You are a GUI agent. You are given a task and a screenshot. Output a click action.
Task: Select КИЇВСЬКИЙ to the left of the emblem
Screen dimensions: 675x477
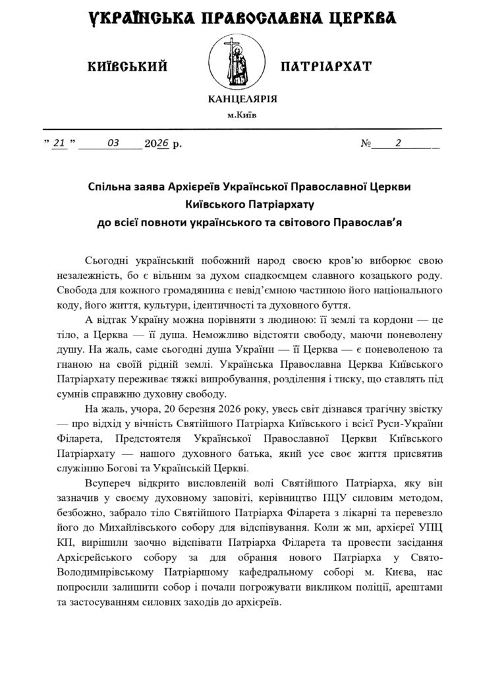(x=128, y=66)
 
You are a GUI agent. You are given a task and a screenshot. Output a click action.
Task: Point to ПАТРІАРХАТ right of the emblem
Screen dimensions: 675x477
(x=325, y=66)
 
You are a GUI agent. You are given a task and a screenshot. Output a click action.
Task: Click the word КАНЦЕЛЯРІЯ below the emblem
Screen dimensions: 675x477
(x=242, y=99)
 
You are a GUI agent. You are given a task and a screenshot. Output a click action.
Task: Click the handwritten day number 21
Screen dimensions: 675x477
(x=60, y=143)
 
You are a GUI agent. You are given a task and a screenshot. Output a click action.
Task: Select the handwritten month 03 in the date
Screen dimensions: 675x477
(x=111, y=142)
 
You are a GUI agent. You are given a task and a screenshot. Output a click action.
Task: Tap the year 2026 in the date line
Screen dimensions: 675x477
(x=157, y=143)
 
